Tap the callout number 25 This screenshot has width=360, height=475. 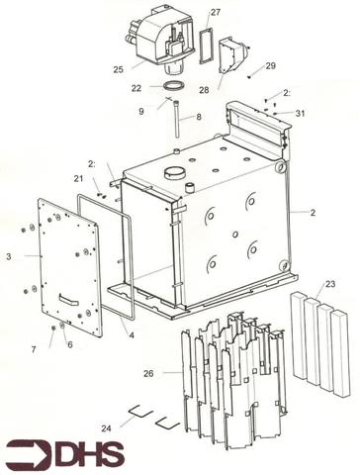[x=118, y=69]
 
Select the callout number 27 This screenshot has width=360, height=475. [x=216, y=12]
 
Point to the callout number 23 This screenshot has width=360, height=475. [x=330, y=284]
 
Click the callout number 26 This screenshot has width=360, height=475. [x=148, y=373]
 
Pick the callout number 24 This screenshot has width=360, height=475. [x=106, y=428]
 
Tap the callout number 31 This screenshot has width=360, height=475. [x=300, y=114]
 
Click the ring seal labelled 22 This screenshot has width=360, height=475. [x=173, y=86]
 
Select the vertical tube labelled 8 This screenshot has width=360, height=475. [x=176, y=119]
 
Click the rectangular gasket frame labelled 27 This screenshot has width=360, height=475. [x=206, y=46]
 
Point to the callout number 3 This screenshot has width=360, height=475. [x=9, y=256]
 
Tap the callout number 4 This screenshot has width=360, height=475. [x=132, y=335]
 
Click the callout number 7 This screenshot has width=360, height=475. [x=34, y=349]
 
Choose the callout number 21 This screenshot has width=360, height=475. [x=78, y=178]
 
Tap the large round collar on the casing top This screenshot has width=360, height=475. [x=175, y=171]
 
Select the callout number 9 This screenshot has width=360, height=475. [x=141, y=111]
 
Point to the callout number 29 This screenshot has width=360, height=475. [x=270, y=65]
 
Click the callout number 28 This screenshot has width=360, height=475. [x=204, y=90]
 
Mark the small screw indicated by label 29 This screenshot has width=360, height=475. [x=249, y=77]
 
